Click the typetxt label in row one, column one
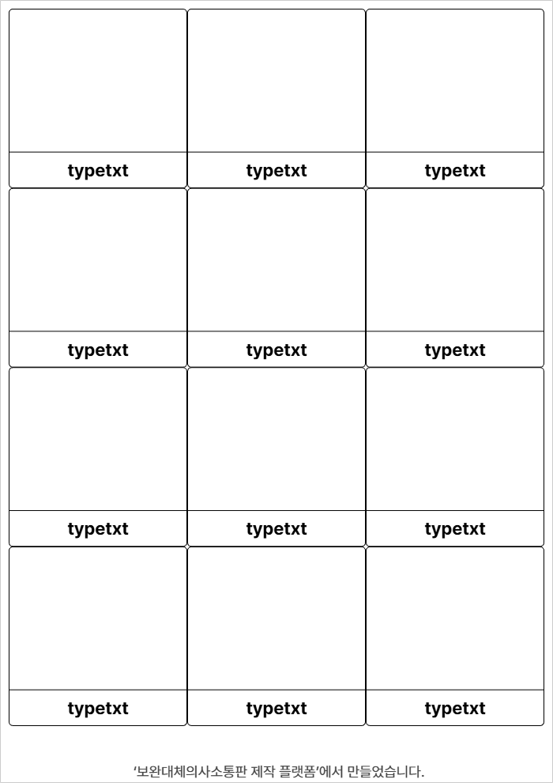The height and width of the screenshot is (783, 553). coord(98,171)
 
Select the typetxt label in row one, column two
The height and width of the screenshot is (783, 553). coord(276,171)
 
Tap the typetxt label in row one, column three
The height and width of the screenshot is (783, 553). coord(455,171)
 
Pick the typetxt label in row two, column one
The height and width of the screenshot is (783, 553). coord(98,350)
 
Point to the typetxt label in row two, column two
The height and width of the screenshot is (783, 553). coord(276,350)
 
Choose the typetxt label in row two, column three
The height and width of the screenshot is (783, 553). coord(455,350)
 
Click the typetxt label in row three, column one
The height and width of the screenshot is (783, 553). coord(98,529)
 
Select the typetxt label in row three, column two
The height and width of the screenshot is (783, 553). coord(276,529)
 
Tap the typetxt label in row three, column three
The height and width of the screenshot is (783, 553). coord(455,529)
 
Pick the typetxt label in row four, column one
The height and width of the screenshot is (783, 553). coord(98,708)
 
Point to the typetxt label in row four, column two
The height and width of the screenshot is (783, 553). coord(276,708)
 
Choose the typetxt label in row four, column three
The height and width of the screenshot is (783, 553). coord(455,708)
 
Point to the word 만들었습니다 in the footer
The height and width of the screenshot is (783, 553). coord(385,771)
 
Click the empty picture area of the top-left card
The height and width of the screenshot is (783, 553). coord(98,81)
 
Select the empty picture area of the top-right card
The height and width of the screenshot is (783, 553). coord(455,81)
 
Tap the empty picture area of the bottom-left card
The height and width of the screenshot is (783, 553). coord(98,618)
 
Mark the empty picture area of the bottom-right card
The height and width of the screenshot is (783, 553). coord(455,618)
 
